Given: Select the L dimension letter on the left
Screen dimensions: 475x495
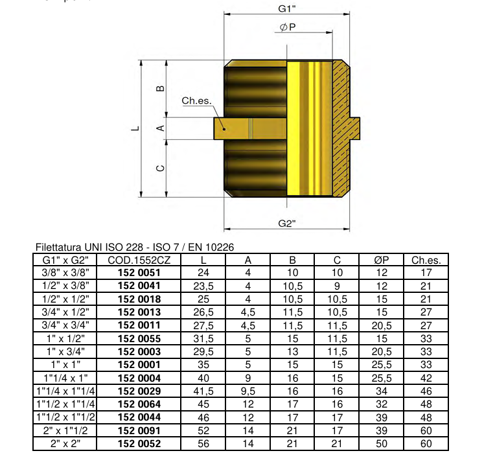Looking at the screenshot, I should click(135, 128).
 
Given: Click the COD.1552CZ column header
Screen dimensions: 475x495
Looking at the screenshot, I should click(139, 261).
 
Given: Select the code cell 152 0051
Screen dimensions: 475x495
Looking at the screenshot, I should click(139, 273).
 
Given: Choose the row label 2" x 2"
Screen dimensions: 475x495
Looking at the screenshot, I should click(65, 444).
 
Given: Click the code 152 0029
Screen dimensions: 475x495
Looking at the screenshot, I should click(139, 391).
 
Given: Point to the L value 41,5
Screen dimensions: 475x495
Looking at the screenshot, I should click(204, 391).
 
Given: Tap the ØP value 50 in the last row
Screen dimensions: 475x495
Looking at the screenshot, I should click(381, 444).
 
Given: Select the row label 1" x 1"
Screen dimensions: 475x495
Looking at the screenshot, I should click(65, 365).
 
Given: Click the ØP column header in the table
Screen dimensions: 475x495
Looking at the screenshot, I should click(381, 261).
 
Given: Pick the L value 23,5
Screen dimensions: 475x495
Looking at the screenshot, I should click(204, 286).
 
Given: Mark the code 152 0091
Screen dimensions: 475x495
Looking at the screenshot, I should click(139, 431).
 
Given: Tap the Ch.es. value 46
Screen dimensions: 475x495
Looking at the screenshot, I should click(426, 391).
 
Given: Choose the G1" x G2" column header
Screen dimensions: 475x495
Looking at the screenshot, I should click(65, 261).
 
